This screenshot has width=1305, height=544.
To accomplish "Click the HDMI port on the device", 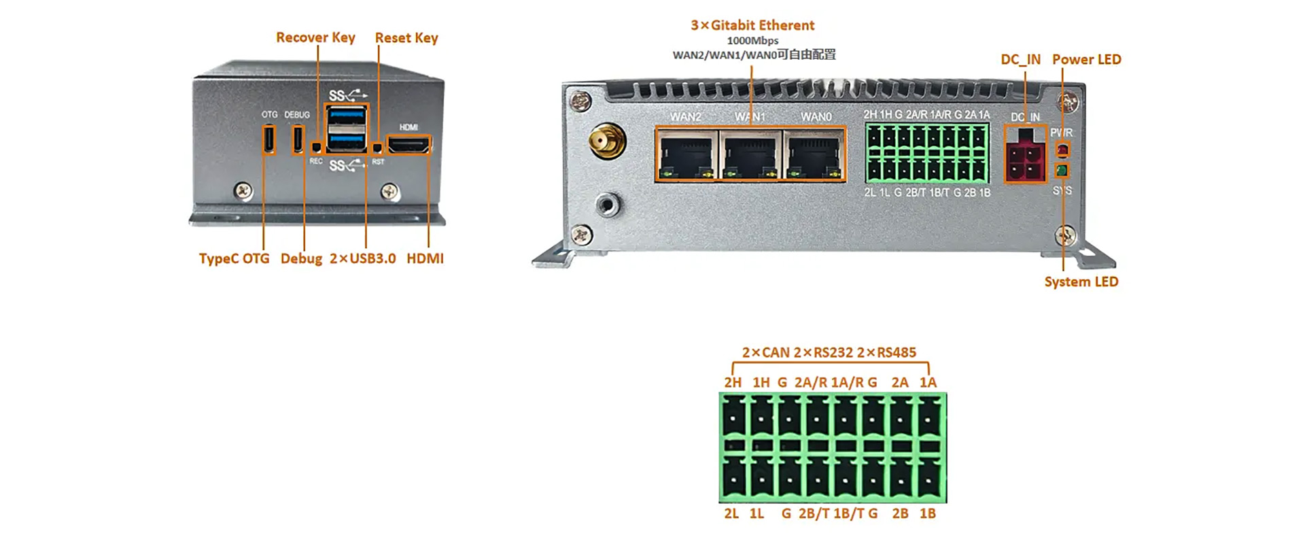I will [x=408, y=145].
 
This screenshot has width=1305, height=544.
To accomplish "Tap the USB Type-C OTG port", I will [x=269, y=139].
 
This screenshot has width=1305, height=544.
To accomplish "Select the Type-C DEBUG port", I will [x=298, y=139].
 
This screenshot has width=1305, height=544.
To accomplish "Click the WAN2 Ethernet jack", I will [x=686, y=154].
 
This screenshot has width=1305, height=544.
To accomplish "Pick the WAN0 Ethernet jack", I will [x=814, y=154].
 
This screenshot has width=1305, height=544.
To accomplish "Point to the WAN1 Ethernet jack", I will [x=750, y=154].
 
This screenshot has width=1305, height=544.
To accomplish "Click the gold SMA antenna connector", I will [x=607, y=141].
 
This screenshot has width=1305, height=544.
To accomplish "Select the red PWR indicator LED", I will [x=1062, y=149].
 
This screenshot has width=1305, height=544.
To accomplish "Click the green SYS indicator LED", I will [x=1062, y=170].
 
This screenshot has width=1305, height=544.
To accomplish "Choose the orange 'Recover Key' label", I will [x=315, y=37].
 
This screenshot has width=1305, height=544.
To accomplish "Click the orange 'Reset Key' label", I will [x=406, y=38].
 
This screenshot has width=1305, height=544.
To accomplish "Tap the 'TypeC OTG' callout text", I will [x=234, y=258].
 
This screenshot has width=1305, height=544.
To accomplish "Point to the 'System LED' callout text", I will [x=1081, y=282].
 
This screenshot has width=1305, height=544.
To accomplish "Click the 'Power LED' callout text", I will [x=1086, y=60].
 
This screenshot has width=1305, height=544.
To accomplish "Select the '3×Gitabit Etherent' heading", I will [x=752, y=25].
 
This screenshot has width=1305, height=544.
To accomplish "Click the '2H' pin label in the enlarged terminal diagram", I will [x=732, y=383].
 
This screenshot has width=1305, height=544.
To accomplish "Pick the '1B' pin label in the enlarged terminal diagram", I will [x=928, y=513].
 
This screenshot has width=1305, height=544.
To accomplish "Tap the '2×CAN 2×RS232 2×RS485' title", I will [x=829, y=352].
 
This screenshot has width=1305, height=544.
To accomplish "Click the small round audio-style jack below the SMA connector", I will [x=607, y=203].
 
